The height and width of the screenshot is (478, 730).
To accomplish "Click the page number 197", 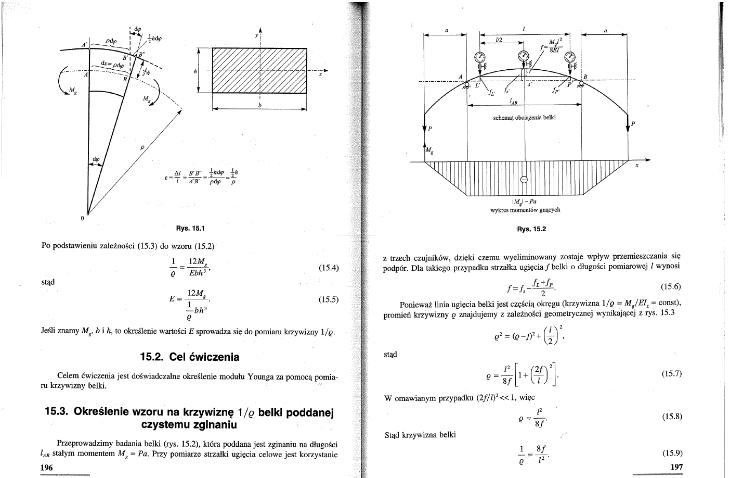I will [676, 467].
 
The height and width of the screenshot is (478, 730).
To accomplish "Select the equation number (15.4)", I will [328, 268].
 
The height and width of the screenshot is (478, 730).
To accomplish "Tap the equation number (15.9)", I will [672, 452].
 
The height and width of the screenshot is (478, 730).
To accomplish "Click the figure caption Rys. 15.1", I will [190, 228].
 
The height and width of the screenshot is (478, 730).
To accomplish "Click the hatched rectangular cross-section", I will [259, 70].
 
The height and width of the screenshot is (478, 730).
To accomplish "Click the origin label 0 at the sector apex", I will [82, 218].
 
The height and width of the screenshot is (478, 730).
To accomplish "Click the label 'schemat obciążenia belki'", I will [524, 117].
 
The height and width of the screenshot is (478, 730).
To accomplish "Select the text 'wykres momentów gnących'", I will [525, 210].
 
